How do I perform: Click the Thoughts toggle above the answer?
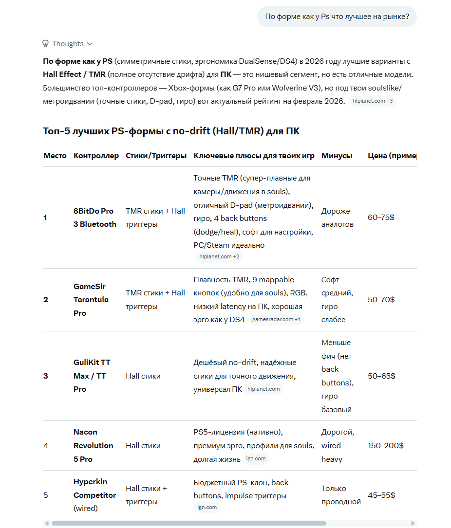68,44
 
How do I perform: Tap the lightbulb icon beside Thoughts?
46,44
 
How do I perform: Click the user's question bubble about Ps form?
337,17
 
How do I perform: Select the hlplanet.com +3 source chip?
373,101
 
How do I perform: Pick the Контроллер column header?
96,156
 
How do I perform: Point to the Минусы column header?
337,156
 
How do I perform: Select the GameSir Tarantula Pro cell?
90,300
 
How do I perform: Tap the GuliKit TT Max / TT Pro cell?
92,376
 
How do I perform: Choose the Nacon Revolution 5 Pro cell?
93,445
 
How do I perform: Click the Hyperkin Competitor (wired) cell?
94,495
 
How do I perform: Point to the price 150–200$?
385,445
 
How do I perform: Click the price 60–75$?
381,218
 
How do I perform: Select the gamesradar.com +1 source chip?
276,320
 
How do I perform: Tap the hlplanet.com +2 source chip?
219,256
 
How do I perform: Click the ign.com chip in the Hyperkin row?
207,508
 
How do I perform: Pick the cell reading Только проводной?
341,495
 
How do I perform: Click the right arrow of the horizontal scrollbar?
413,524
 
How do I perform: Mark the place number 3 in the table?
46,376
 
